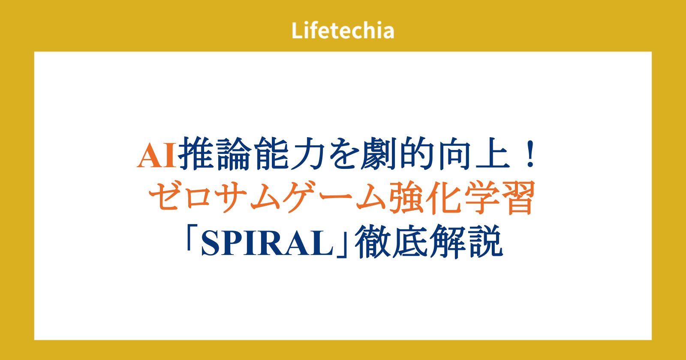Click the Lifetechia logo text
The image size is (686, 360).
pyautogui.click(x=343, y=30)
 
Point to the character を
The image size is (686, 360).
pyautogui.click(x=343, y=153)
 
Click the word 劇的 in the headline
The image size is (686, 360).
pyautogui.click(x=398, y=153)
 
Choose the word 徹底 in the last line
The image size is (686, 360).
pyautogui.click(x=391, y=242)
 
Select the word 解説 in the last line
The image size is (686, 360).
pyautogui.click(x=466, y=242)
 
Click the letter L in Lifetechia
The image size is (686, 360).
pyautogui.click(x=298, y=30)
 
